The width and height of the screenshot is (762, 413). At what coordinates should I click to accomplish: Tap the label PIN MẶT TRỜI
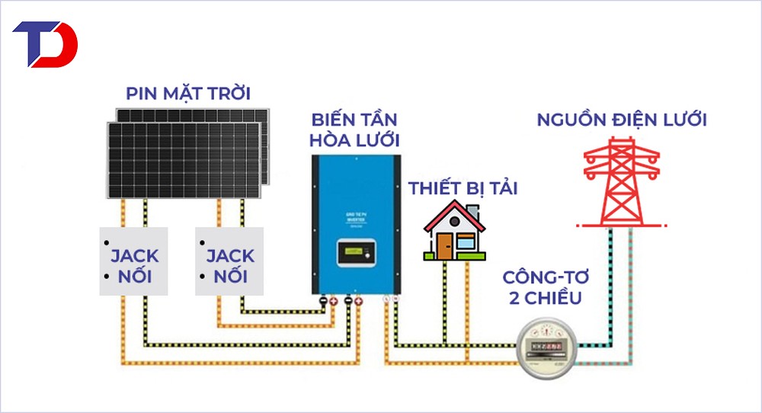tap(188, 94)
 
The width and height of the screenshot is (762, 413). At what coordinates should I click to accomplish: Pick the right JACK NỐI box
tap(229, 261)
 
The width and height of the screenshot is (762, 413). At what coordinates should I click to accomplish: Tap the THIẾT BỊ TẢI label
tap(463, 187)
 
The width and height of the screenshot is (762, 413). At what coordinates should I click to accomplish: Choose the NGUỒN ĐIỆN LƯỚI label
tap(622, 120)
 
